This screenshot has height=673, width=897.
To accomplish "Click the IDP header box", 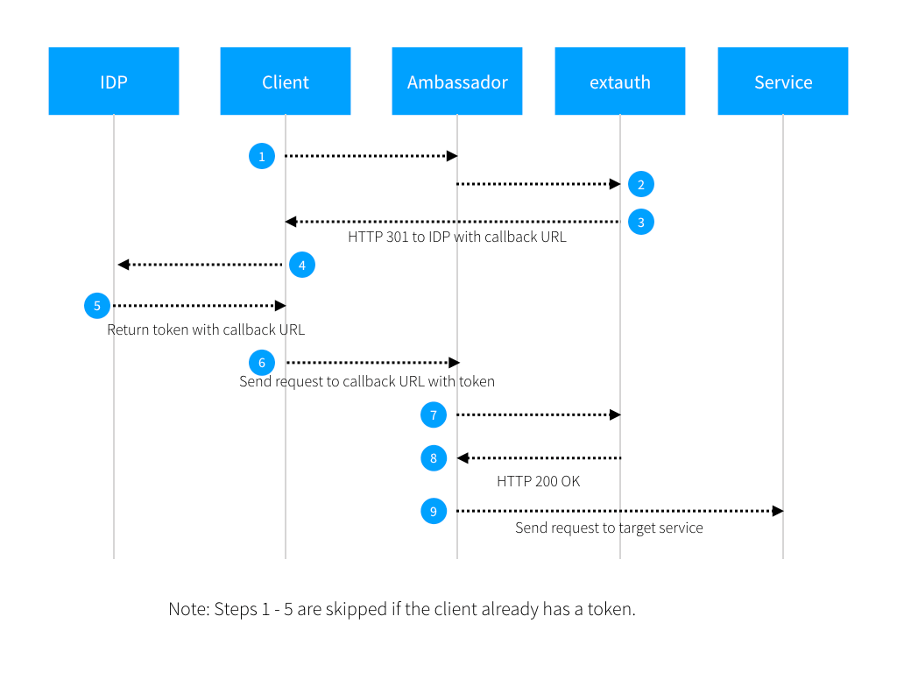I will point(114,81).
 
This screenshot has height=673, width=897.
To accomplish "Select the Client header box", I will point(286,81).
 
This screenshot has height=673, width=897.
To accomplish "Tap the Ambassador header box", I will point(457,81).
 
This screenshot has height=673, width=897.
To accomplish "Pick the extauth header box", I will point(620,81).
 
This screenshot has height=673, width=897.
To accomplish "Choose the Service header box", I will point(783,81).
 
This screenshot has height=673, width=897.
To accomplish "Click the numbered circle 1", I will point(262,156).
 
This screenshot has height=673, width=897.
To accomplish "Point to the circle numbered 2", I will point(641,184).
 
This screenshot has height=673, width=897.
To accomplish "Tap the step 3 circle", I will point(641,222).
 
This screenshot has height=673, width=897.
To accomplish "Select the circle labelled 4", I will point(301,265).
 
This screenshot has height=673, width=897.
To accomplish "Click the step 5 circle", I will point(97,306).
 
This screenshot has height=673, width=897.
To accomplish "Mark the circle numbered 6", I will point(262,362).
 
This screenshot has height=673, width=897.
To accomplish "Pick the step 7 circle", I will point(434,414).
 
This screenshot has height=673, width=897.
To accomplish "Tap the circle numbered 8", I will point(434,457).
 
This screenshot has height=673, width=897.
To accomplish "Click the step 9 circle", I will point(434,510).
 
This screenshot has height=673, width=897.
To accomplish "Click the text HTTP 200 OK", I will point(538,481).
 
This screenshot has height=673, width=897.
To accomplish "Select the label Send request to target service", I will point(609,528).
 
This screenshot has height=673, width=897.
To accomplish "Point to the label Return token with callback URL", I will point(206,330).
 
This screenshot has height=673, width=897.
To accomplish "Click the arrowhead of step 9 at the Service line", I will point(777,510).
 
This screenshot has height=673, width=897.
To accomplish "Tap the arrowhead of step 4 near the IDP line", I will point(124,265).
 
